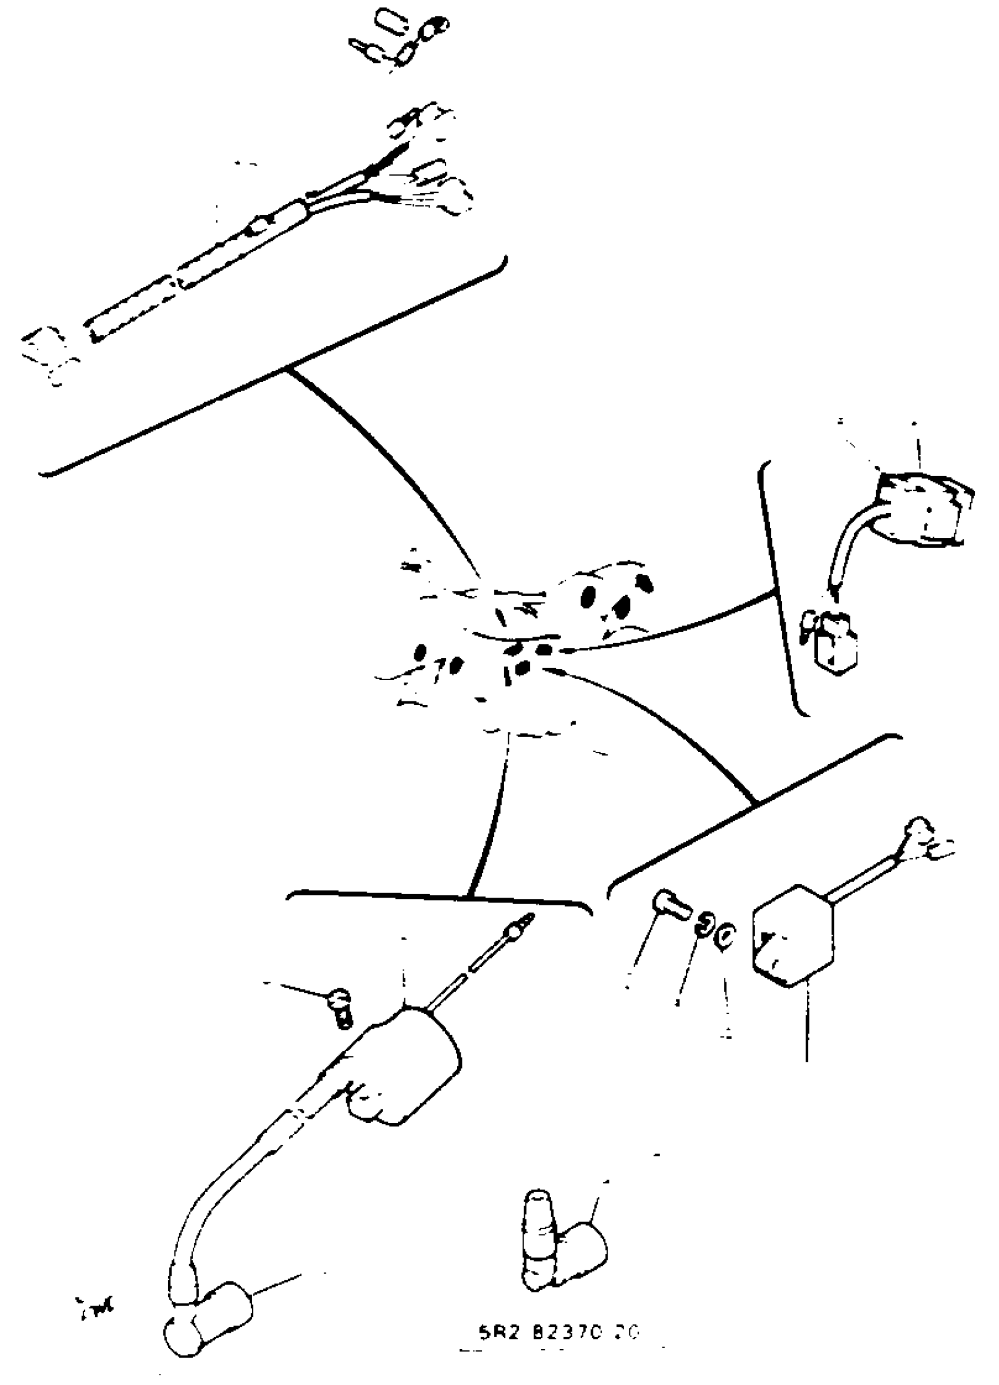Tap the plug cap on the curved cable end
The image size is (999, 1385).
[x=210, y=1325]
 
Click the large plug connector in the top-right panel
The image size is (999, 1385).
[x=921, y=508]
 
